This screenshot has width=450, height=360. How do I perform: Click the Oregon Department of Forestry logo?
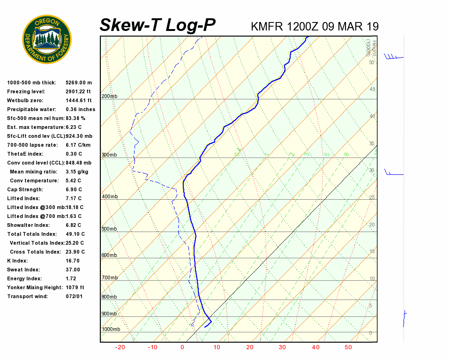click(47, 39)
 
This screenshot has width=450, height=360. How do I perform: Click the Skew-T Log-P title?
click(157, 25)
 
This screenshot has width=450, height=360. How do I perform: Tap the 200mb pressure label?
click(109, 97)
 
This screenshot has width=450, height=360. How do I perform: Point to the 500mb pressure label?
click(109, 229)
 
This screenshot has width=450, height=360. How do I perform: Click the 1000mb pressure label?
click(111, 329)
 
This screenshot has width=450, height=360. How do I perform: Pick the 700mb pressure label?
click(109, 278)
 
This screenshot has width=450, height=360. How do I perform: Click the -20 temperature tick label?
click(120, 347)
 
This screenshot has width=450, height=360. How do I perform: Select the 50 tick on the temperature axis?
click(348, 347)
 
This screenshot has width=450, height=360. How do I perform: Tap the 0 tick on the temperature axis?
click(182, 347)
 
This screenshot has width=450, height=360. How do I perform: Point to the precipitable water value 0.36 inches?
click(80, 109)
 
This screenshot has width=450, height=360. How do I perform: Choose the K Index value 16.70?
click(73, 261)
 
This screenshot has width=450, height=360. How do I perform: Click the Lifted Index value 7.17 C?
click(74, 198)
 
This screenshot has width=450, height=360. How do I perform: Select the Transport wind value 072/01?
click(74, 296)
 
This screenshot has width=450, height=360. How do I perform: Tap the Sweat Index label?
click(23, 270)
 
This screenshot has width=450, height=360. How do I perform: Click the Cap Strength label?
click(25, 189)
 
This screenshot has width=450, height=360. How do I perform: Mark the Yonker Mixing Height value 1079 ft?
click(75, 287)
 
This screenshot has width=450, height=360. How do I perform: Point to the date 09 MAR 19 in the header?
click(351, 26)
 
